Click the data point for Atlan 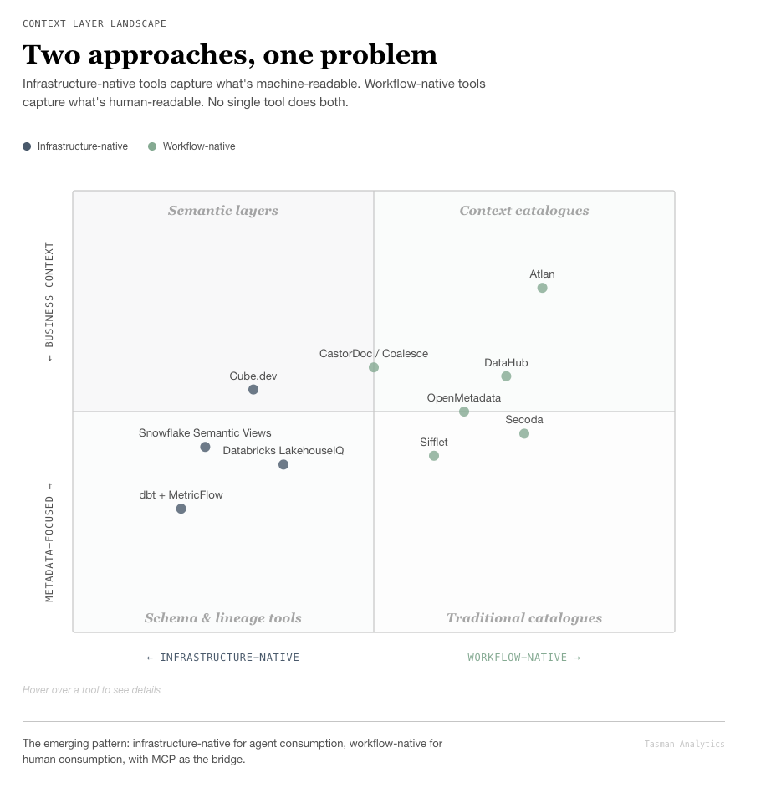[x=542, y=288]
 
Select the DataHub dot [x=506, y=376]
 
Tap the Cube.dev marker [x=253, y=390]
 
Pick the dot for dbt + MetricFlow [x=181, y=509]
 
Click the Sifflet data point [x=434, y=456]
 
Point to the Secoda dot [x=524, y=433]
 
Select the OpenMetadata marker [x=464, y=412]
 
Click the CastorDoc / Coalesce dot [x=374, y=367]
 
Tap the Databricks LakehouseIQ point [x=283, y=464]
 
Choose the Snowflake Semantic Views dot [x=205, y=448]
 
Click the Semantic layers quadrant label [x=223, y=211]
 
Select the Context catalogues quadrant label [x=524, y=211]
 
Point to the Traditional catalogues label [x=524, y=618]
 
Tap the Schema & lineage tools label [x=223, y=618]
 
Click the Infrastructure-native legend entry [x=82, y=146]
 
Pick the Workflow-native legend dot [x=152, y=146]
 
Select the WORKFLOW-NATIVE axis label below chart [x=523, y=658]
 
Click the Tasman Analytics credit [x=684, y=744]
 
